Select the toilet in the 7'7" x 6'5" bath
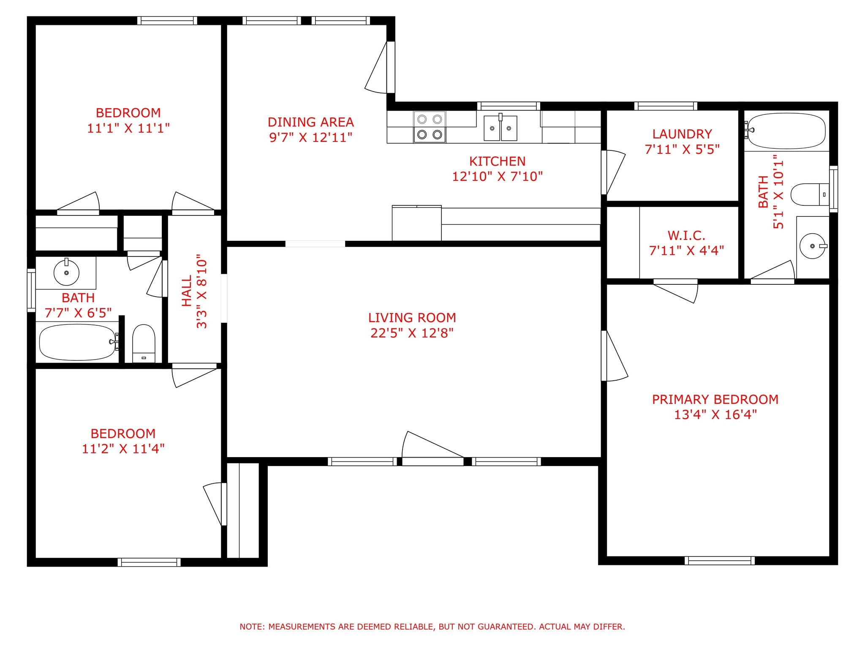pos(144,344)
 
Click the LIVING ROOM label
pos(412,318)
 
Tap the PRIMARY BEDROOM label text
pos(715,399)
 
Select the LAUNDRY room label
pos(682,134)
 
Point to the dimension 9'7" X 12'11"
pos(311,137)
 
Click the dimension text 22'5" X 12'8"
pos(412,333)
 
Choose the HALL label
pos(187,291)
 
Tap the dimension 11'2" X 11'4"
pos(123,448)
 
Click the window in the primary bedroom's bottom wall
pos(720,561)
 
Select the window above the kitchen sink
pos(509,106)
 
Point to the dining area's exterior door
pos(380,67)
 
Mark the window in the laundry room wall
pos(666,106)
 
